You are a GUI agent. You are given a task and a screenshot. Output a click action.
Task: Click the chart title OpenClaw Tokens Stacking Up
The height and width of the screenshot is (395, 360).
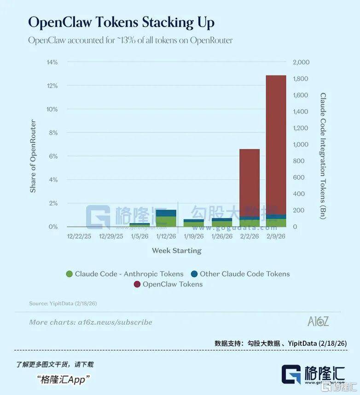[121, 23]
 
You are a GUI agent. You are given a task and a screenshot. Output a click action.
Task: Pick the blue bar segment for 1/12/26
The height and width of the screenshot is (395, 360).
[166, 213]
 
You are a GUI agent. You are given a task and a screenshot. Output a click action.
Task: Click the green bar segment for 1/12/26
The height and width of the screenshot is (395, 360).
[166, 222]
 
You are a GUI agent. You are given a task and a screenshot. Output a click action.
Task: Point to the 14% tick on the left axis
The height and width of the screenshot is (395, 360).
[52, 62]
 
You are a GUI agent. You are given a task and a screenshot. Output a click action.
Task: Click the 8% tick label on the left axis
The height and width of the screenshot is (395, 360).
[53, 133]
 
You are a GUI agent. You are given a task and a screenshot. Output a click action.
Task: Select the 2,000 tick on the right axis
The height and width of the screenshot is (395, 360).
[301, 62]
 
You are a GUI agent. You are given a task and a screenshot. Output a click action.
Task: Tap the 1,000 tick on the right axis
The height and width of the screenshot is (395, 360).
[301, 144]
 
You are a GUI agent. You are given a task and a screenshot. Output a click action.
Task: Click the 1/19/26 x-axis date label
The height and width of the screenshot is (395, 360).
[194, 236]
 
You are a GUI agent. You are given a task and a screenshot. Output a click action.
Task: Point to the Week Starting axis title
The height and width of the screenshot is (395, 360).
[177, 251]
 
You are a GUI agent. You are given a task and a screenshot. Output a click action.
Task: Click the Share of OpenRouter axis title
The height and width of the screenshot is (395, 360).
[33, 156]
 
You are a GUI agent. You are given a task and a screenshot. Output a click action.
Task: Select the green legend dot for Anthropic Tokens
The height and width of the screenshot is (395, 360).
[69, 274]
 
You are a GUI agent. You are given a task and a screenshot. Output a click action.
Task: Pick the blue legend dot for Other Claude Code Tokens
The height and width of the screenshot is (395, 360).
[194, 274]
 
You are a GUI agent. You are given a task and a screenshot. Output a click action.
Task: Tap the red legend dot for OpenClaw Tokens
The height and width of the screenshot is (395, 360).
[137, 285]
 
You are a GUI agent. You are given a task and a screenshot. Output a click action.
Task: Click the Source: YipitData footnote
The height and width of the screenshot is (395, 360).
[63, 303]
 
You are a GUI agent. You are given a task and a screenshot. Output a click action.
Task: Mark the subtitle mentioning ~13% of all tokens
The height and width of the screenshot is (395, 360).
[130, 40]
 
